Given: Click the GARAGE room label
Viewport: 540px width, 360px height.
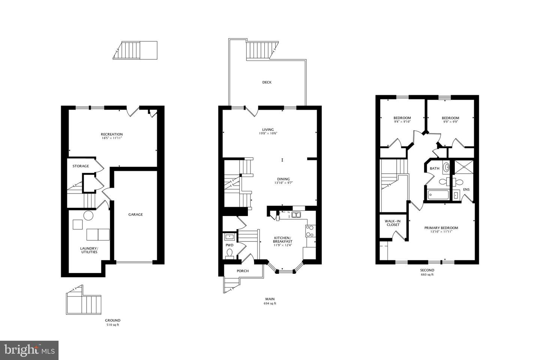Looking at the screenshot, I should pos(135,214).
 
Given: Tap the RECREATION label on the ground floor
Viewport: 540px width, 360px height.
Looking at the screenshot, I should pos(112,134).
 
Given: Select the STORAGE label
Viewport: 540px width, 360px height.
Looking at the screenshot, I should pos(81,166).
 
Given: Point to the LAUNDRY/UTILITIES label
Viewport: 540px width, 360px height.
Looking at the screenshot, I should pos(89,250).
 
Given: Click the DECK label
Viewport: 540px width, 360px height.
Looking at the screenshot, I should pos(267,82).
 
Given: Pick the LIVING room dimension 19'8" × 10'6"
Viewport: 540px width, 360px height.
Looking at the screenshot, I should pos(268,133).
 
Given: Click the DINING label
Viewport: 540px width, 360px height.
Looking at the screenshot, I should pos(283,179).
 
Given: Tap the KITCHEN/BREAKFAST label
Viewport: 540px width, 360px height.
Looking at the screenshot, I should pos(282,240).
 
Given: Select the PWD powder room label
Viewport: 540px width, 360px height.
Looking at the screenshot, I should pos(229,245).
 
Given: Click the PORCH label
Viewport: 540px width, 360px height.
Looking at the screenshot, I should pos(243,271).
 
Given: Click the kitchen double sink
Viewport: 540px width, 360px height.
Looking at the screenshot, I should pos(296,215).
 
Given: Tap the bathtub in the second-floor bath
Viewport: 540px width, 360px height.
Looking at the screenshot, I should pos(437,195).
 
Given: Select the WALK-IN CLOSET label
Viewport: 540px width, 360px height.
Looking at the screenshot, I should pos(392,223).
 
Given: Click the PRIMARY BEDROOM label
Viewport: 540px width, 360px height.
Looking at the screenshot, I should pos(441,228).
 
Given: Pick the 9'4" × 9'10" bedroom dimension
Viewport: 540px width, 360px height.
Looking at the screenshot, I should pos(402,121).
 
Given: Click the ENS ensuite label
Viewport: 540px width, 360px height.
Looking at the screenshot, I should pos(466,189).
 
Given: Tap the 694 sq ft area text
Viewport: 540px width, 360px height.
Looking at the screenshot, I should pos(270,304).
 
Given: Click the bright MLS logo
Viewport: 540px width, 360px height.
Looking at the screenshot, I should pos(29,350).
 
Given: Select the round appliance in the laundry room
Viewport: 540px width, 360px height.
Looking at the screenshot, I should pos(88,216).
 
